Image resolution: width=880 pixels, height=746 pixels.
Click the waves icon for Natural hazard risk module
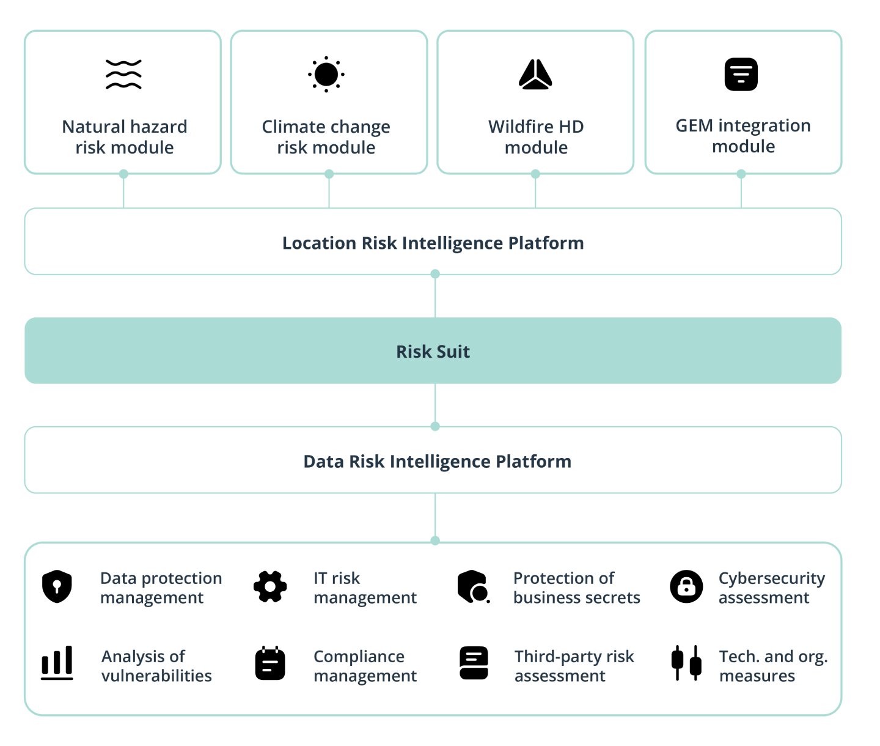pyautogui.click(x=123, y=75)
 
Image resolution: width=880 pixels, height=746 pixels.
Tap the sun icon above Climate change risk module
pyautogui.click(x=326, y=75)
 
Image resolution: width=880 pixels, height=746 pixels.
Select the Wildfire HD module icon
pyautogui.click(x=535, y=75)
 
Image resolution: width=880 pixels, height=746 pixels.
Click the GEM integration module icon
pyautogui.click(x=741, y=75)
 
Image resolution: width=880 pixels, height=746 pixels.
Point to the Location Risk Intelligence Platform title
pyautogui.click(x=433, y=243)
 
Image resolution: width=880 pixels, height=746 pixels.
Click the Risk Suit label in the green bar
pyautogui.click(x=433, y=352)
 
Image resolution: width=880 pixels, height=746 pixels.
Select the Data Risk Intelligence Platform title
pyautogui.click(x=437, y=461)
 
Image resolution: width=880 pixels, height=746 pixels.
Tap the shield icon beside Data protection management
pyautogui.click(x=57, y=586)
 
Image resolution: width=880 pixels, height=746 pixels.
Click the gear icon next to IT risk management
pyautogui.click(x=270, y=586)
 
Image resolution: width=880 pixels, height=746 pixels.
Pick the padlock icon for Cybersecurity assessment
pyautogui.click(x=686, y=586)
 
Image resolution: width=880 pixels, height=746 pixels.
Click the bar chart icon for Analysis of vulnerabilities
pyautogui.click(x=57, y=663)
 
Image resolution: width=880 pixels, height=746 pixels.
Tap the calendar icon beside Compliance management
pyautogui.click(x=270, y=663)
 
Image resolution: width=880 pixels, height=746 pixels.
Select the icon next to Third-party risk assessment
pyautogui.click(x=474, y=663)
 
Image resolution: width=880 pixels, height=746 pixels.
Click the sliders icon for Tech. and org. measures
pyautogui.click(x=686, y=663)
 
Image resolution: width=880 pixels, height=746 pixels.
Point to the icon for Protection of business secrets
pyautogui.click(x=473, y=586)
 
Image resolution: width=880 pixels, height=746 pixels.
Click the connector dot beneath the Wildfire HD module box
pyautogui.click(x=535, y=174)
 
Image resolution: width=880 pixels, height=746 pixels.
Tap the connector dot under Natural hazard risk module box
pyautogui.click(x=123, y=174)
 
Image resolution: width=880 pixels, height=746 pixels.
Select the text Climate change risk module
pyautogui.click(x=326, y=137)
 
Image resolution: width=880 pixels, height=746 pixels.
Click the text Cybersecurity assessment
pyautogui.click(x=771, y=588)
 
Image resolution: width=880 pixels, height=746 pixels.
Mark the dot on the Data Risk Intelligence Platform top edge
pyautogui.click(x=435, y=426)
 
